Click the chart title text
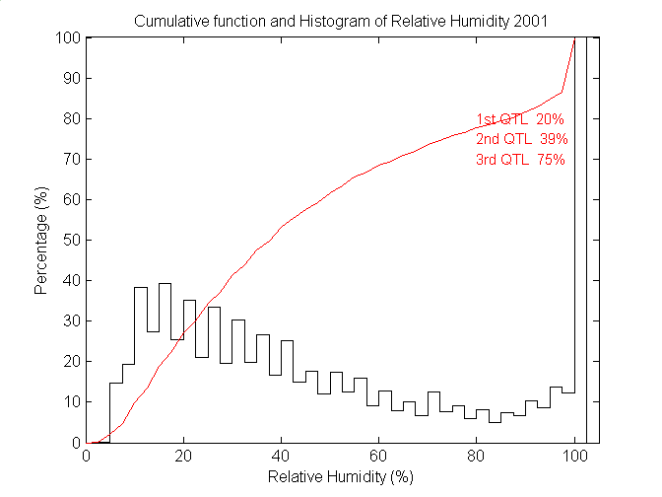[x=341, y=21]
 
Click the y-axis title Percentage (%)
[x=41, y=241]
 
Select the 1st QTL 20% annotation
[x=520, y=119]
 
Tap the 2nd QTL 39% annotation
[x=520, y=139]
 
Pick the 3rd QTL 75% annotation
[x=520, y=160]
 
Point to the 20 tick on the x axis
[x=184, y=456]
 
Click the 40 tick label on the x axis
[x=282, y=456]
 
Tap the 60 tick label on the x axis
[x=379, y=456]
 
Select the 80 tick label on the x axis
[x=477, y=456]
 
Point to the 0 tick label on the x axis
[x=87, y=456]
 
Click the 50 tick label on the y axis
[x=71, y=241]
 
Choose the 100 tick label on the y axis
[x=68, y=37]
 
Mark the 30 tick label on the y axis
[x=71, y=321]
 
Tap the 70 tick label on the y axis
[x=71, y=160]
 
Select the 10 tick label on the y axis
[x=71, y=402]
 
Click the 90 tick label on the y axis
[x=71, y=79]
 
